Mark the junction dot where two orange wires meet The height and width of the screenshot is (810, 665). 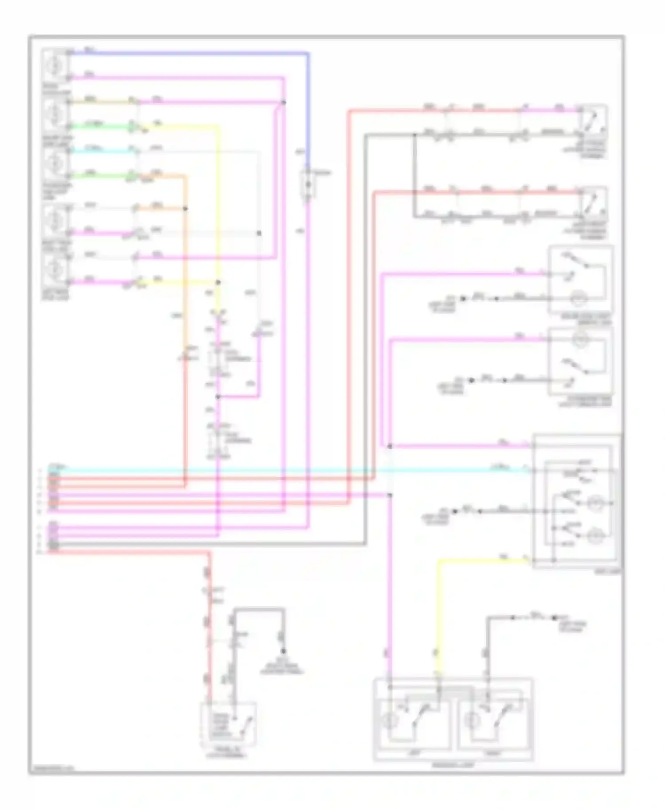(185, 208)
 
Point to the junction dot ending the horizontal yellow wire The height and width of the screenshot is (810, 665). (218, 282)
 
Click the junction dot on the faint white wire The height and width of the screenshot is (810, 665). (259, 233)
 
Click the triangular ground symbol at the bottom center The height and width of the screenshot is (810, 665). (282, 651)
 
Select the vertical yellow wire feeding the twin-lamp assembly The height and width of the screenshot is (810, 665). (439, 620)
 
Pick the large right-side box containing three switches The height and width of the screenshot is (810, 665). (576, 501)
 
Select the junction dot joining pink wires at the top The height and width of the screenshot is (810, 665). (284, 102)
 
